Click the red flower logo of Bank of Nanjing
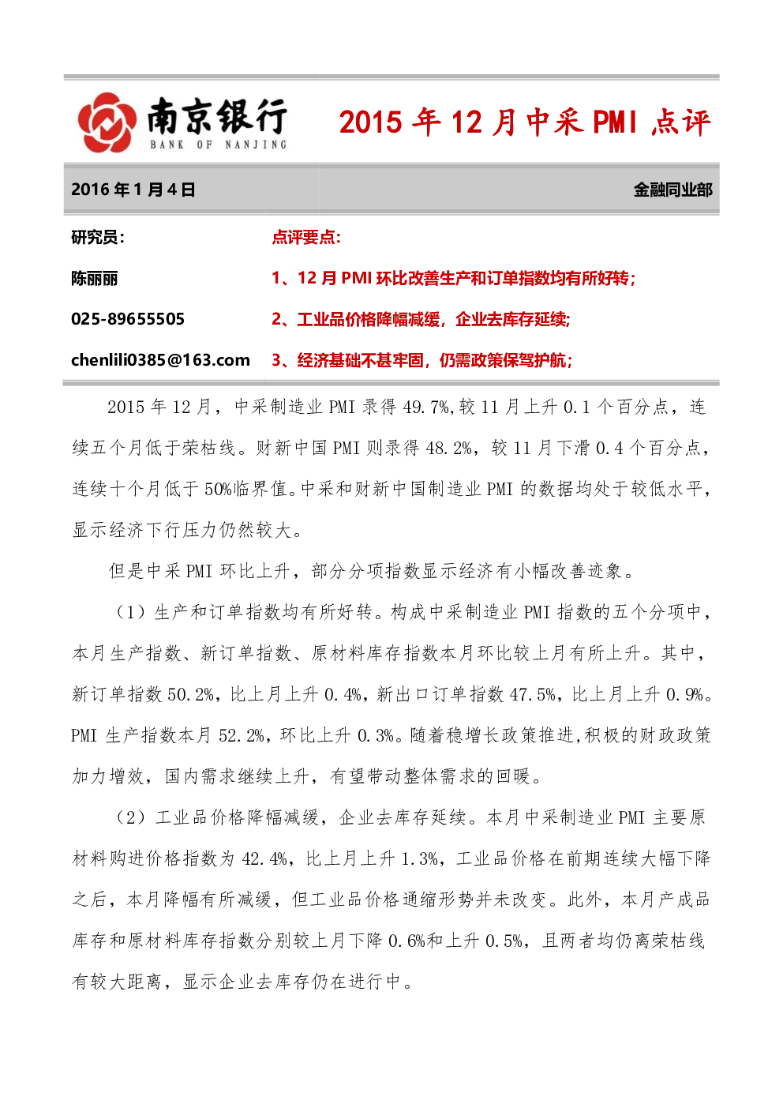pos(107,122)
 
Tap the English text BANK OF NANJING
pos(219,145)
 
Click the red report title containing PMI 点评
pos(525,122)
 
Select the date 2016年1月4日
pos(133,190)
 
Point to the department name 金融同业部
pos(672,190)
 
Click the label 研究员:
pos(98,238)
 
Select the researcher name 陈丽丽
pos(95,279)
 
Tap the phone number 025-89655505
pos(128,319)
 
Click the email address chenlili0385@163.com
pos(161,360)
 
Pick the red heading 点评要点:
pos(306,238)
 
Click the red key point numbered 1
pos(453,279)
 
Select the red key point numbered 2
pos(421,320)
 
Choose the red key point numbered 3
pos(421,361)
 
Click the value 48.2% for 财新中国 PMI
pos(448,448)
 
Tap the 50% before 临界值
pos(218,489)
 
